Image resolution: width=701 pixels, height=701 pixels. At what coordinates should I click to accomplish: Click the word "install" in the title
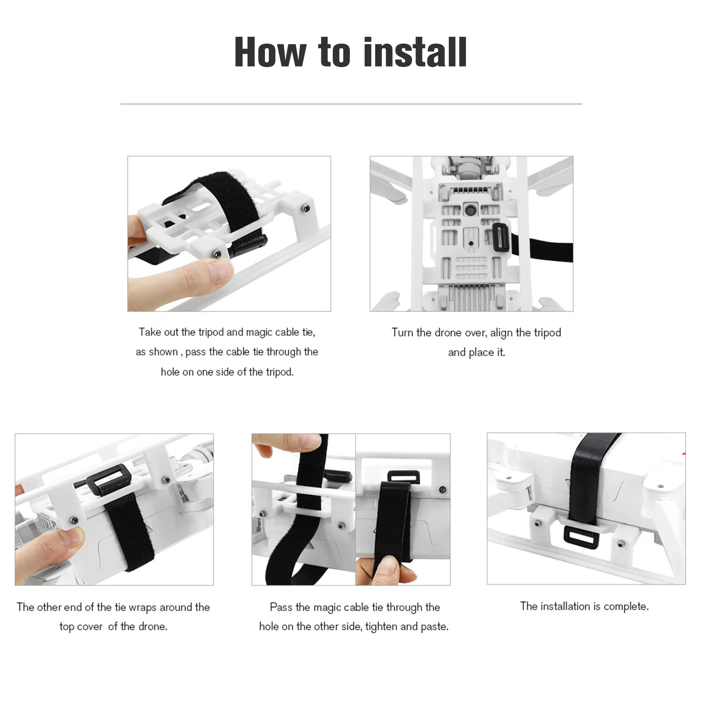click(x=415, y=52)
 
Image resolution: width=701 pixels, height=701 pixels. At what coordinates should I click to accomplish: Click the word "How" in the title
click(x=270, y=52)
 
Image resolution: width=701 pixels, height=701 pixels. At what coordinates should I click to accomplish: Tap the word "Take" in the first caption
click(x=150, y=332)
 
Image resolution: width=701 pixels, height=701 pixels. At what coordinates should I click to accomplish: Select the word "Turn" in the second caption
click(x=402, y=332)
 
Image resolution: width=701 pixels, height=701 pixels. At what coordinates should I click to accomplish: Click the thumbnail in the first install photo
click(x=218, y=271)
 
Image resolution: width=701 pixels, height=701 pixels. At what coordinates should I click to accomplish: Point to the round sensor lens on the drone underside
click(x=471, y=209)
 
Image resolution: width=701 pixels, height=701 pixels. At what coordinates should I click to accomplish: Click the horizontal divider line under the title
click(x=351, y=104)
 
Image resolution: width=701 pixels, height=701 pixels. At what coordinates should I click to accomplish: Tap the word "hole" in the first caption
click(x=170, y=372)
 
